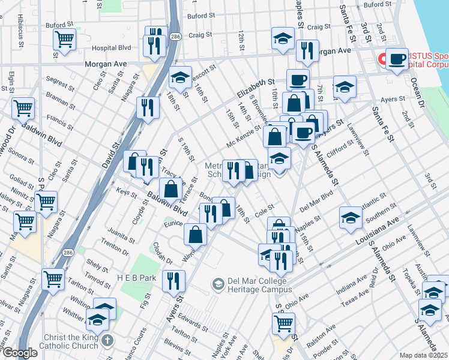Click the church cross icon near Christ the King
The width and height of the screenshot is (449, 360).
point(107,341)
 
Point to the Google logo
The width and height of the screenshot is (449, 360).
point(20,353)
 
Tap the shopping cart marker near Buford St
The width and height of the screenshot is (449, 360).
point(64,40)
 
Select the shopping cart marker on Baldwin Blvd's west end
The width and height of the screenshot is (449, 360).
point(23,109)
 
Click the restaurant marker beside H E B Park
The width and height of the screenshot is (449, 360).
point(173,280)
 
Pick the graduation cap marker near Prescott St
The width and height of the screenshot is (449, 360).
point(179,78)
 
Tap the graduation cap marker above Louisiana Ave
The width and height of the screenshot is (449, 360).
point(351,217)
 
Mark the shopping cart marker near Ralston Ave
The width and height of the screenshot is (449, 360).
point(283,323)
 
